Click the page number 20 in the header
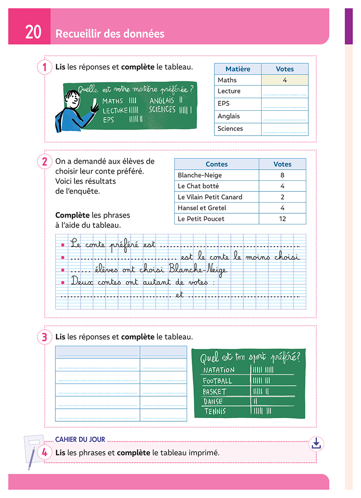[x=33, y=33]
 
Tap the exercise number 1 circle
[x=44, y=67]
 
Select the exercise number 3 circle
[x=44, y=337]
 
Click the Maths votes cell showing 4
[x=284, y=80]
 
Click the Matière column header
[x=238, y=69]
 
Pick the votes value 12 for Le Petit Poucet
[x=282, y=219]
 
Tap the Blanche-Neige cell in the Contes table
[x=200, y=175]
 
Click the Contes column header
[x=217, y=164]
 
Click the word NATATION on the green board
[x=218, y=370]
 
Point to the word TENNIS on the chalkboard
[x=215, y=411]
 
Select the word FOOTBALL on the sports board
[x=217, y=381]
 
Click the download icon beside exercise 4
[x=316, y=443]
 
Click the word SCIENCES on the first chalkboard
[x=162, y=109]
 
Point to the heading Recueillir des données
[x=110, y=33]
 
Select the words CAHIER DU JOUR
[x=80, y=440]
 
